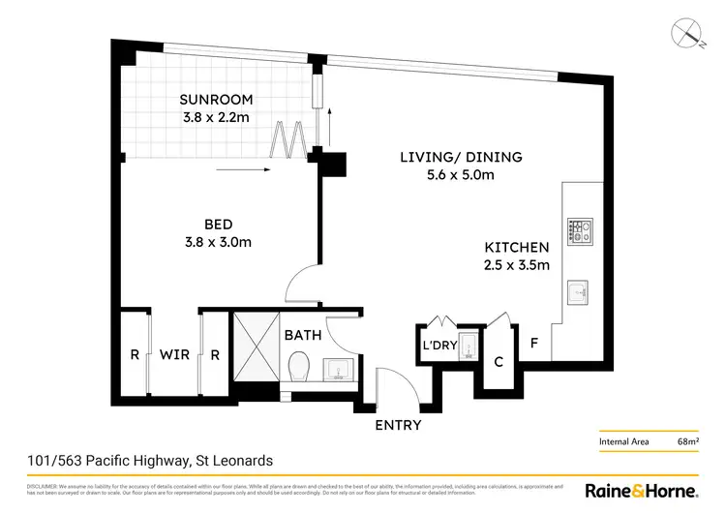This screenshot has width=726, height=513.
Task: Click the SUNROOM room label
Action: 217,100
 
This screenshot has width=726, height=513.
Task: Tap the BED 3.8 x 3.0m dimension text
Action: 217,242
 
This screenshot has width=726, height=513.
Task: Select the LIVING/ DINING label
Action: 462,157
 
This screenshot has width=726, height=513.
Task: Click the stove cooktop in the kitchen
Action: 579,229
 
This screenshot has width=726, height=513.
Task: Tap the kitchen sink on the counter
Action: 578,289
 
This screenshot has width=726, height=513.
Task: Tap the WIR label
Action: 174,355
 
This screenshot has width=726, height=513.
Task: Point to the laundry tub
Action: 467,345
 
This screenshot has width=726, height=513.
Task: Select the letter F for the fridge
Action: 533,342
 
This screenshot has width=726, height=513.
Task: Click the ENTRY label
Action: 397,425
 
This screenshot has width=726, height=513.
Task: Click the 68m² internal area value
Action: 688,441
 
